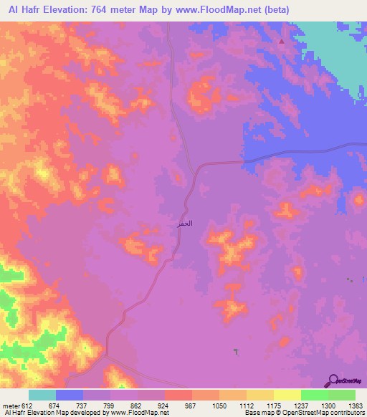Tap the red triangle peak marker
pos(282,41)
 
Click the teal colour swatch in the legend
pos(42,395)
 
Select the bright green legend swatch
pos(315,395)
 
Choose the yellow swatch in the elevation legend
pos(287,395)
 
